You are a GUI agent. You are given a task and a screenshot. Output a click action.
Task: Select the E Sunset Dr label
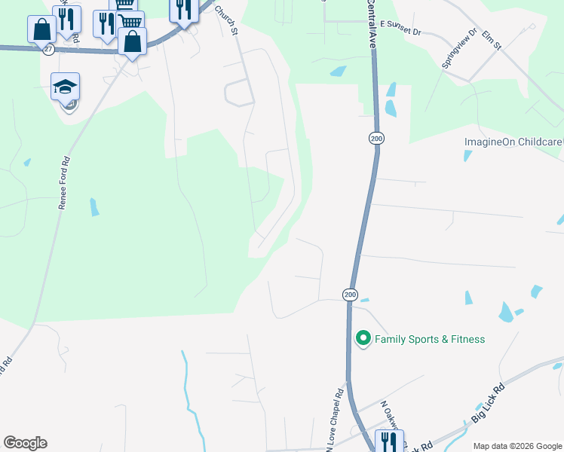pyautogui.click(x=400, y=24)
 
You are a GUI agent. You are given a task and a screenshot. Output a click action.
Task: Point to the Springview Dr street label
pyautogui.click(x=459, y=49)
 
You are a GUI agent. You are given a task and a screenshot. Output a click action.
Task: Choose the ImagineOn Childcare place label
pyautogui.click(x=513, y=142)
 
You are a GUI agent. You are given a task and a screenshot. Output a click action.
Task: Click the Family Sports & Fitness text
pyautogui.click(x=430, y=339)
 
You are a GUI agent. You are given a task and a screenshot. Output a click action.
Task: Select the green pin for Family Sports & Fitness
pyautogui.click(x=363, y=338)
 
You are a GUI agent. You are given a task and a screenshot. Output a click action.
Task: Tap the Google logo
pyautogui.click(x=25, y=443)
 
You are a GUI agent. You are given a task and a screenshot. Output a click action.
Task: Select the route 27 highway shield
pyautogui.click(x=48, y=49)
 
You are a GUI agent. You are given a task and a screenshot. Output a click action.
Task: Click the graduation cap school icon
pyautogui.click(x=66, y=87)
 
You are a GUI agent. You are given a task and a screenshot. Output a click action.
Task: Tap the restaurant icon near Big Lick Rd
pyautogui.click(x=389, y=441)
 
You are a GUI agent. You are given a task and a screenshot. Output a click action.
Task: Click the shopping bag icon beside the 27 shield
pyautogui.click(x=41, y=30)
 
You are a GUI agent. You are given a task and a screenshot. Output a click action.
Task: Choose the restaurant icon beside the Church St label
pyautogui.click(x=182, y=9)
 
